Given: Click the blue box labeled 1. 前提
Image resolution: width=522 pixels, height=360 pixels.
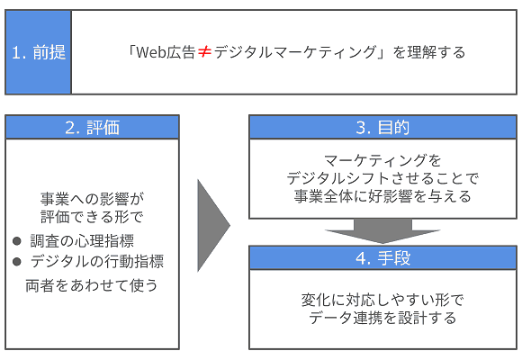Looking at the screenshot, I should point(38,51).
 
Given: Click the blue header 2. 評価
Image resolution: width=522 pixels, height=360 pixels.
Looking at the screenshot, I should point(93,127).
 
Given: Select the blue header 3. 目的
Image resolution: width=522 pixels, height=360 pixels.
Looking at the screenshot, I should point(382,127).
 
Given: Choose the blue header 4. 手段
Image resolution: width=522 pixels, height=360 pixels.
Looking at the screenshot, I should point(382,258).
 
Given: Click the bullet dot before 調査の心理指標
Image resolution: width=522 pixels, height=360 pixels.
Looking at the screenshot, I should point(18,241).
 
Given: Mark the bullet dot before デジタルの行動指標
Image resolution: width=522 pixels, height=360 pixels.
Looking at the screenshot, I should point(18,263).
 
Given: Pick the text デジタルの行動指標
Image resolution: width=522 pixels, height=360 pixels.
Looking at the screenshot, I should point(97,263).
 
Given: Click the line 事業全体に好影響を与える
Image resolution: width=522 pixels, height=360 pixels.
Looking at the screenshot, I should point(382,196).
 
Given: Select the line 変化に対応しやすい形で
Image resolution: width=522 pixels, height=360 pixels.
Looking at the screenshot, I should point(382,299).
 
